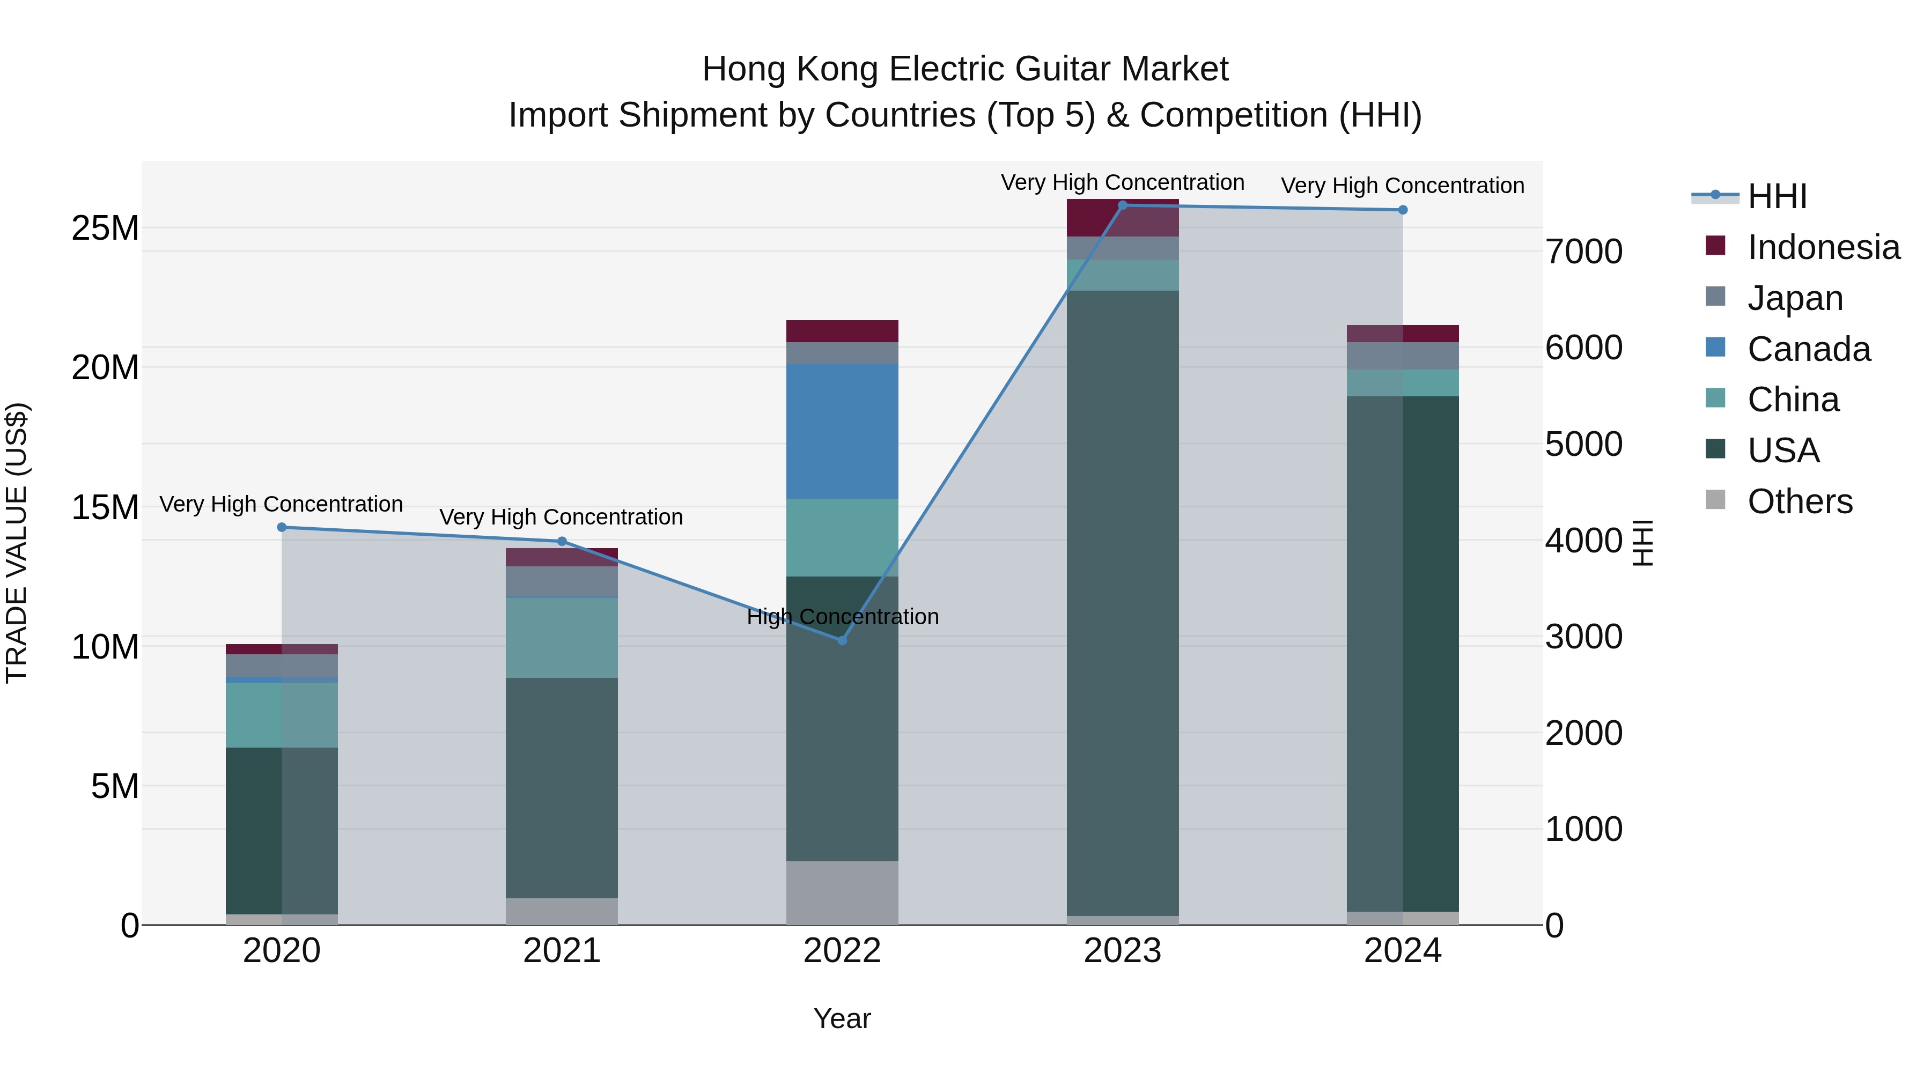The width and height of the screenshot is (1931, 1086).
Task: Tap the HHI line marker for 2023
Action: [x=1122, y=205]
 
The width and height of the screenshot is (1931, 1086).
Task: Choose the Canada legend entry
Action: [x=1808, y=349]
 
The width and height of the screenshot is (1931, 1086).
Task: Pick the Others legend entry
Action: [x=1799, y=501]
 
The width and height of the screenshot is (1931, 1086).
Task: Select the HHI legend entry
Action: [x=1777, y=196]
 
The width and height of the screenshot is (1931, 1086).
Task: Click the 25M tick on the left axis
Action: [x=105, y=228]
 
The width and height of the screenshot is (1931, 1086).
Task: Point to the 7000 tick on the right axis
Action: [x=1583, y=252]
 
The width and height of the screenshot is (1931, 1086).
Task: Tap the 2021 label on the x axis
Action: [x=562, y=951]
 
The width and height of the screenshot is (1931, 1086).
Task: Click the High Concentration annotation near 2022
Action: [x=843, y=617]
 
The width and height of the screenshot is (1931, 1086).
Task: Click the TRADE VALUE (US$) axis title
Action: [x=17, y=543]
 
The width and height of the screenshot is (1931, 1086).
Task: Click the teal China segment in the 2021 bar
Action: [x=562, y=637]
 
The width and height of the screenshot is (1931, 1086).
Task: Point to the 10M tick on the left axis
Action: [x=105, y=647]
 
